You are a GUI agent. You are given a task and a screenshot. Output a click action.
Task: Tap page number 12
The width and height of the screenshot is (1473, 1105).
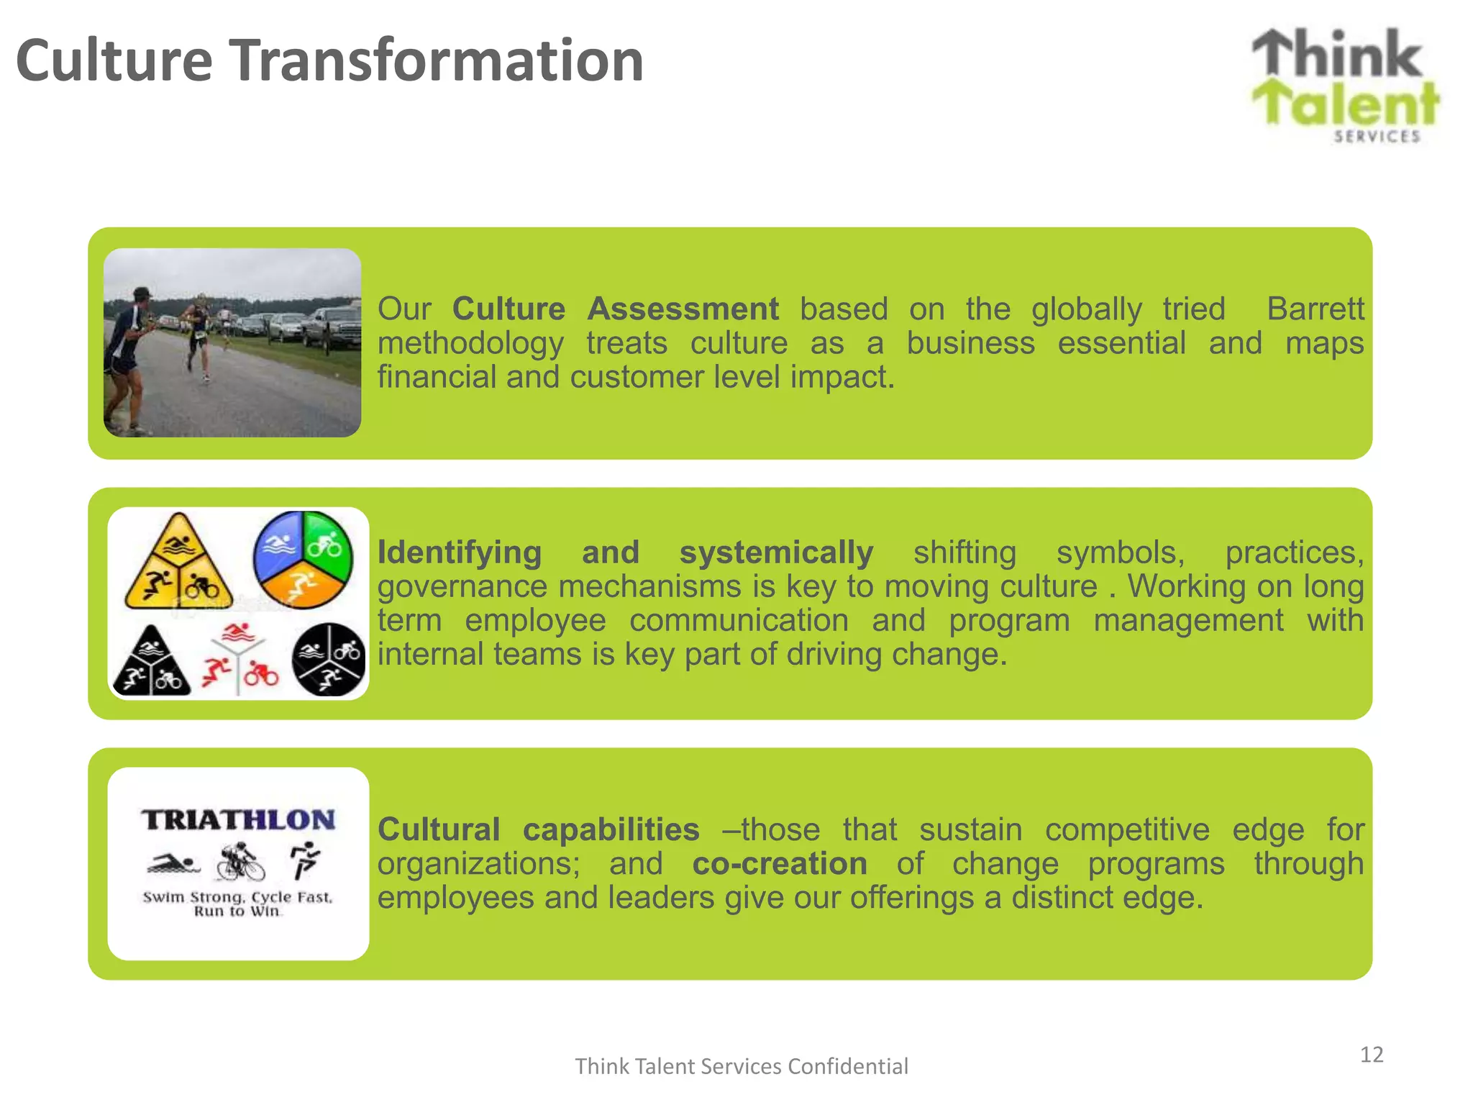click(x=1371, y=1055)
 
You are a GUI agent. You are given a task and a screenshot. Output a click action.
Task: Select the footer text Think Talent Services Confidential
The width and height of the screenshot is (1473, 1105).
click(x=741, y=1066)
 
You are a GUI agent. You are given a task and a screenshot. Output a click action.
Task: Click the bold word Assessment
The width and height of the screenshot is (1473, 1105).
click(x=683, y=309)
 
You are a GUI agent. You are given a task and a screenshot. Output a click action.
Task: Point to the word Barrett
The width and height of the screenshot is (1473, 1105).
click(x=1315, y=309)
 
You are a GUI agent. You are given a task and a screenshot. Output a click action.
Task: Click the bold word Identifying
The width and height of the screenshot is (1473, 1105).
click(x=460, y=552)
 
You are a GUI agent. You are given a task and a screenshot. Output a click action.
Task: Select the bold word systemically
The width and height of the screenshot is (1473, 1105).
click(x=776, y=552)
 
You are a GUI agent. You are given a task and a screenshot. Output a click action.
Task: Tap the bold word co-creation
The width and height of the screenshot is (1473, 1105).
click(x=780, y=863)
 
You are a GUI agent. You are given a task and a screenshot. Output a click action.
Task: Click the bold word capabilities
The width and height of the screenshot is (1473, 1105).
click(x=611, y=829)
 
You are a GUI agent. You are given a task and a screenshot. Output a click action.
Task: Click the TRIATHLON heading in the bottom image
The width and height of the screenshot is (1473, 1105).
click(x=238, y=820)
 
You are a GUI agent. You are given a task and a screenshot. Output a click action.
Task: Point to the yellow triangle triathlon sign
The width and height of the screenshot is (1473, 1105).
click(x=178, y=565)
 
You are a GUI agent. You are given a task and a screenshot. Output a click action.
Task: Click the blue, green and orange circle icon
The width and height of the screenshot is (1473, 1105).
click(x=303, y=559)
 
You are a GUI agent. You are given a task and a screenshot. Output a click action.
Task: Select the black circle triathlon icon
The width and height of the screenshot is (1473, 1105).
click(x=329, y=659)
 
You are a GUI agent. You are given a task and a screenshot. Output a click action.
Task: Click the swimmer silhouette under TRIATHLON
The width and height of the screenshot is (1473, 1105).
click(x=172, y=863)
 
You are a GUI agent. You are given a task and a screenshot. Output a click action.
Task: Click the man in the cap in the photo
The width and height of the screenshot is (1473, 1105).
click(x=129, y=353)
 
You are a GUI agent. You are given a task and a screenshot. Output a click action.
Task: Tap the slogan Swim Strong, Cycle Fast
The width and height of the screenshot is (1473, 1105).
click(x=237, y=897)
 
